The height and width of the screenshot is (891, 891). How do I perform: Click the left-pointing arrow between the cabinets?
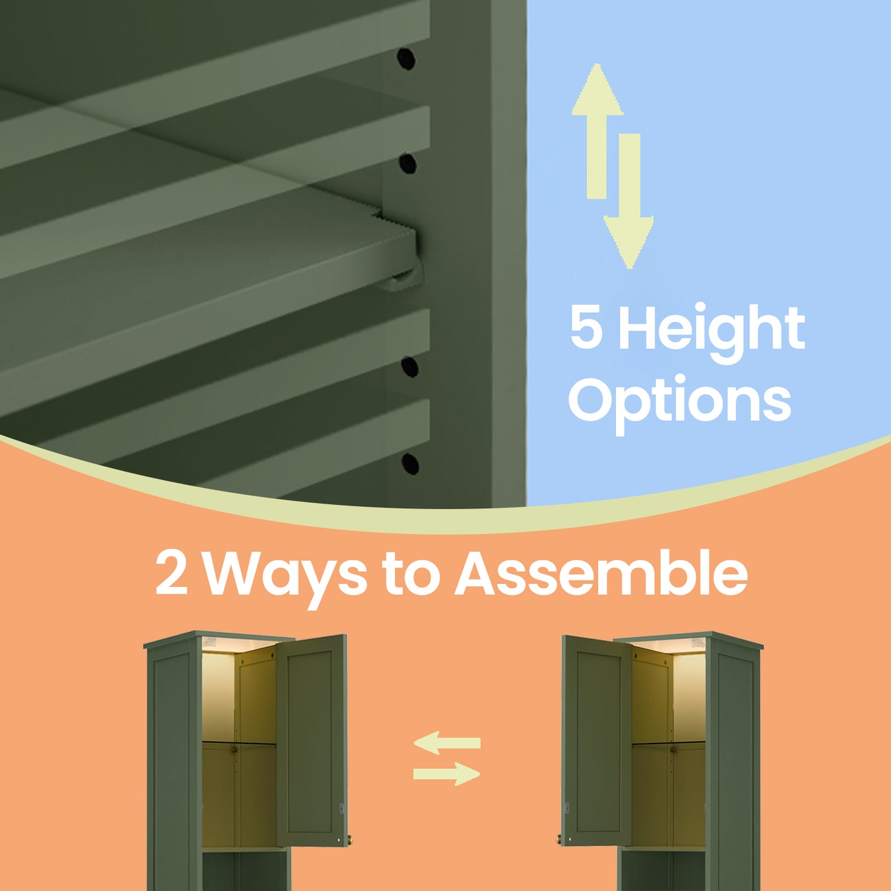[447, 743]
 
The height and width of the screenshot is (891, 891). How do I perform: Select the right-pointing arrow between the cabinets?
[446, 774]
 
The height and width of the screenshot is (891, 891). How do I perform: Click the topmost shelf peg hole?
[406, 59]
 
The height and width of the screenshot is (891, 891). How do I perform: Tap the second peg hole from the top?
[408, 164]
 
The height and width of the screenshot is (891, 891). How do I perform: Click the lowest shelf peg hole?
[410, 464]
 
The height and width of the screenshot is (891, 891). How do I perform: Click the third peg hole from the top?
[409, 367]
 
